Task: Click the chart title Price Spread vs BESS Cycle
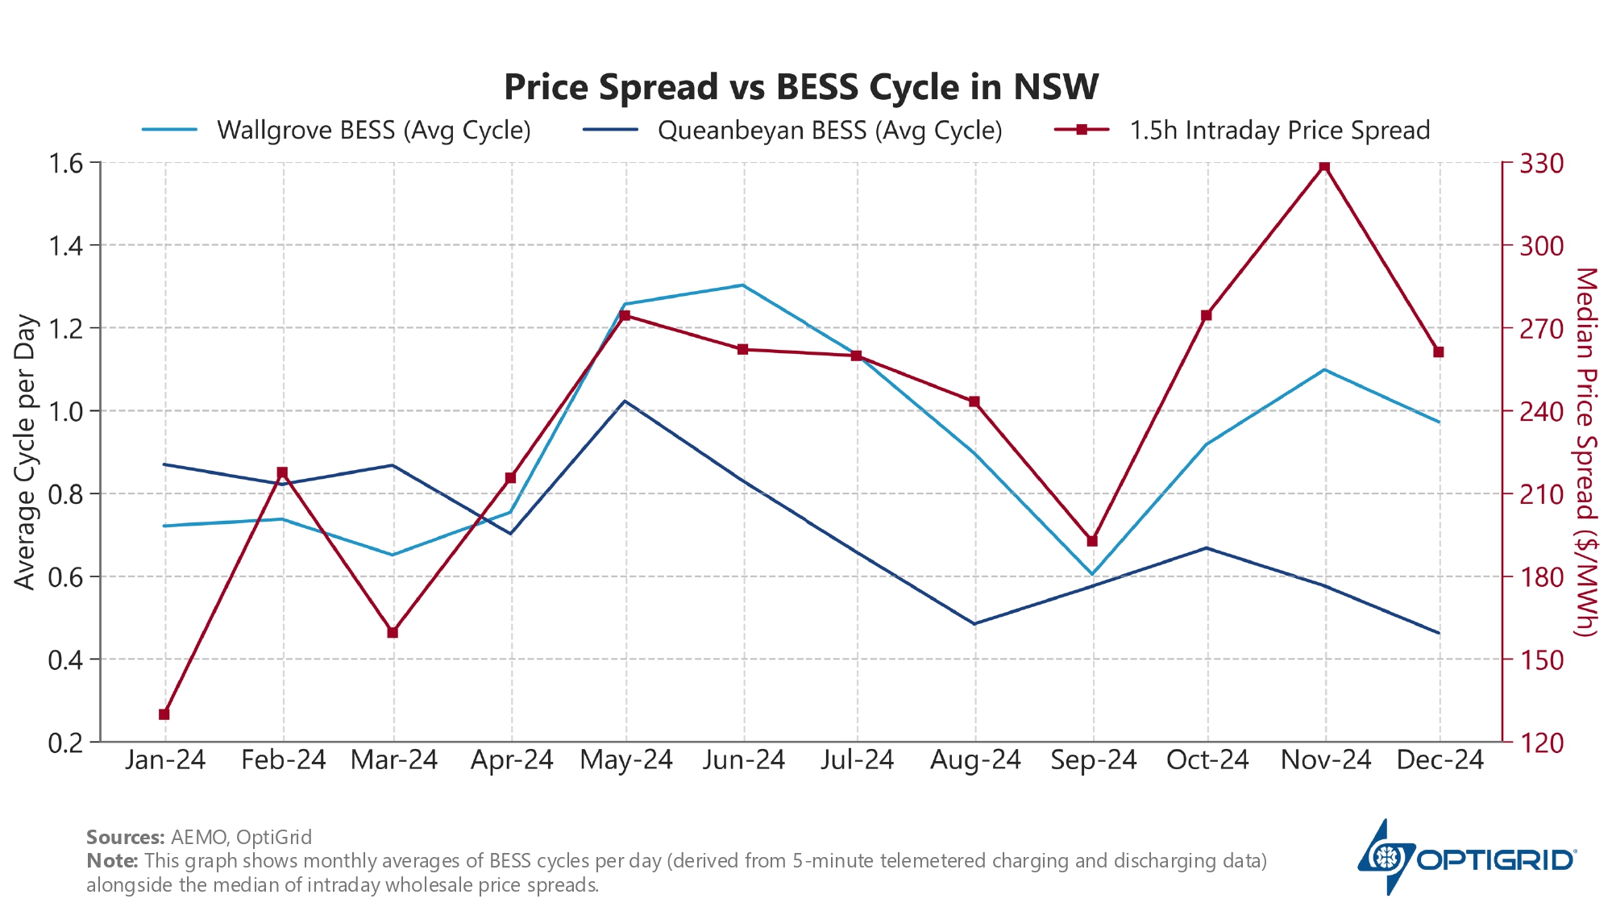[x=801, y=87]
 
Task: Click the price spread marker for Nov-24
[x=1324, y=166]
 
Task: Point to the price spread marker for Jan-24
[x=164, y=714]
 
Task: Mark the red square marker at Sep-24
[x=1092, y=541]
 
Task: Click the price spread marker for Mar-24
[x=393, y=633]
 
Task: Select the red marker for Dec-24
[x=1439, y=352]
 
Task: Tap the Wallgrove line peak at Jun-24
[x=742, y=285]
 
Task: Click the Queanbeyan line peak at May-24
[x=625, y=401]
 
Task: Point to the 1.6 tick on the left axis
[x=66, y=164]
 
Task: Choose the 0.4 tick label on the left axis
[x=66, y=660]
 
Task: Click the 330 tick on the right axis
[x=1541, y=164]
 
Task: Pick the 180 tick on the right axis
[x=1541, y=577]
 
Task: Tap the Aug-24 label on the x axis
[x=975, y=760]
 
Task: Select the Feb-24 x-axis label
[x=283, y=760]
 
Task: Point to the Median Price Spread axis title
[x=1585, y=451]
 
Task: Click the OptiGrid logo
[x=1467, y=859]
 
